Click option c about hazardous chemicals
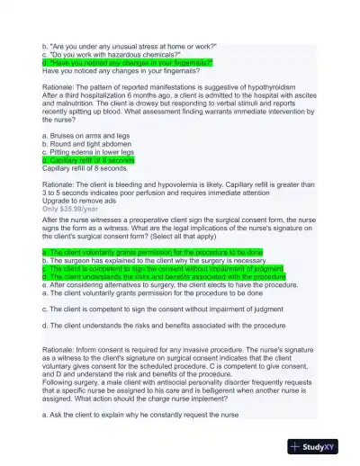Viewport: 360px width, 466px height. coord(118,55)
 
